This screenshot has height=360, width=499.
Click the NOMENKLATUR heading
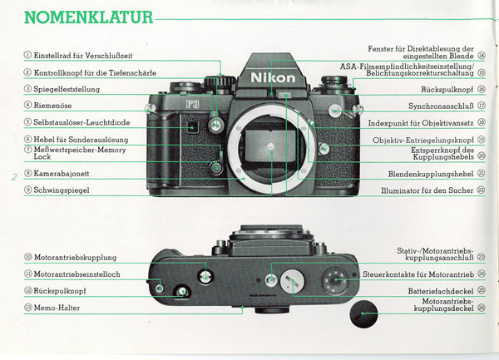[x=88, y=17]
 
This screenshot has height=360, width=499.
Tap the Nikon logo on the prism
[x=273, y=78]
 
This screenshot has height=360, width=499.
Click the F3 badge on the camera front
[x=192, y=104]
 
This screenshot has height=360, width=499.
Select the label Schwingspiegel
[x=62, y=190]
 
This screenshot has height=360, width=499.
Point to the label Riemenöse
[x=52, y=106]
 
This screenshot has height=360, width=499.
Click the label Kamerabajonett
[x=62, y=174]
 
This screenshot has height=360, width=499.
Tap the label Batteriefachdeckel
[x=441, y=291]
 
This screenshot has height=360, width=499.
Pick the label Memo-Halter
[x=57, y=308]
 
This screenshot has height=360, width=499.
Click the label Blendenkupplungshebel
[x=431, y=174]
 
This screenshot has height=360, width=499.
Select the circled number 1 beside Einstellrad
[x=27, y=55]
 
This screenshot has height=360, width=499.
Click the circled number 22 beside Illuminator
[x=482, y=190]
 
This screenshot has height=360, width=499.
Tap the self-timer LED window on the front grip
[x=192, y=127]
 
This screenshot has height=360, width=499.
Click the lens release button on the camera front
[x=324, y=148]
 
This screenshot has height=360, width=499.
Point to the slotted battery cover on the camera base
[x=292, y=281]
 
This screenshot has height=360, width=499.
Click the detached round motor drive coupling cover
[x=363, y=314]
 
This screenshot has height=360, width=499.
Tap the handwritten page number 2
[x=14, y=177]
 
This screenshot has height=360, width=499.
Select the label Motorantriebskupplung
[x=75, y=257]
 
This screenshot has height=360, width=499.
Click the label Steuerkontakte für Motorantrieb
[x=418, y=274]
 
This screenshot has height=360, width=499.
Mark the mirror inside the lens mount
[x=269, y=147]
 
